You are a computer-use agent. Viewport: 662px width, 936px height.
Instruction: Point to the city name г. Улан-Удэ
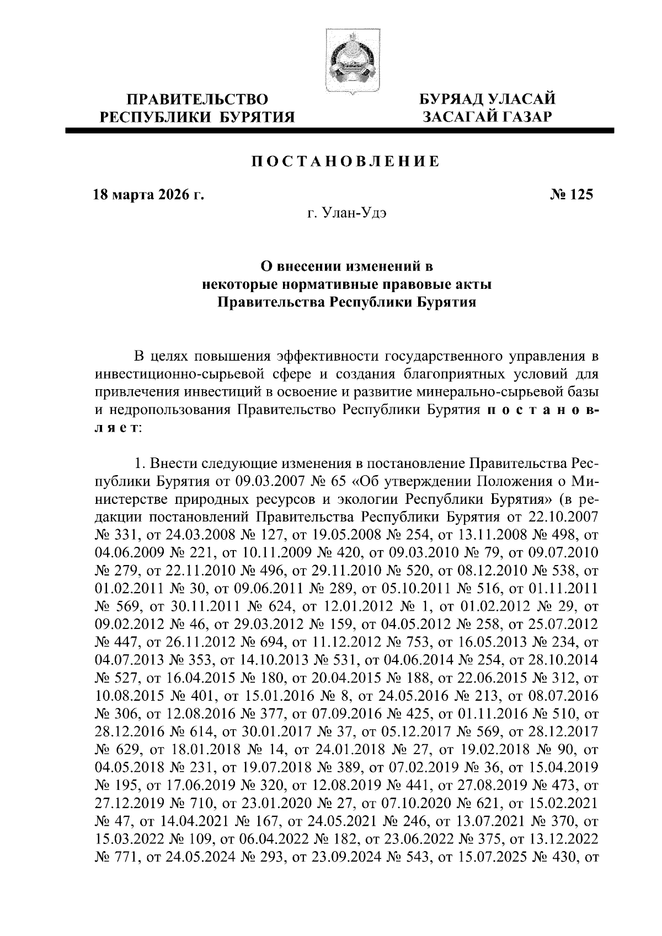click(x=346, y=213)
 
